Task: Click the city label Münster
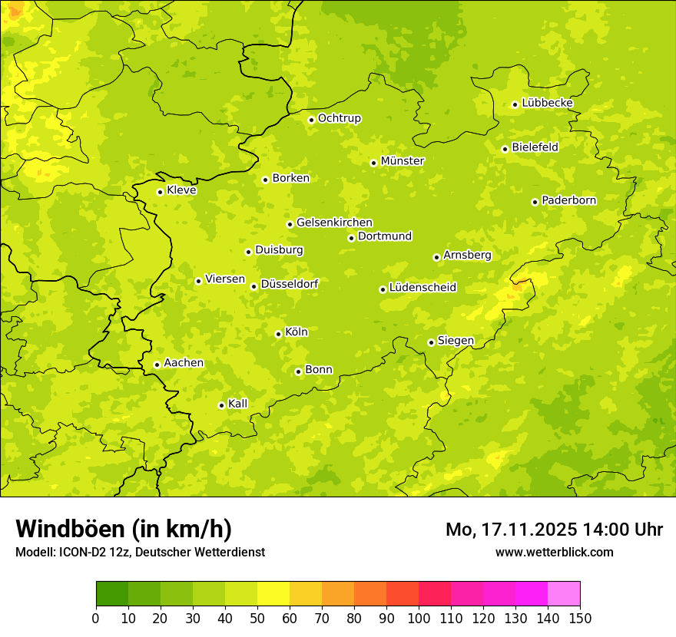[x=402, y=161]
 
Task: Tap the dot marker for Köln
[x=278, y=334]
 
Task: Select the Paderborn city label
[x=568, y=200]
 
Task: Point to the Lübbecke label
[x=547, y=103]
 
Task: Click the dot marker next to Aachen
[x=157, y=365]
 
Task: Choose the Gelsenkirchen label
[x=334, y=223]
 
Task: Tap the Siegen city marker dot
[x=431, y=342]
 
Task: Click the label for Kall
[x=237, y=404]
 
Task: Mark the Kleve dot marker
[x=160, y=192]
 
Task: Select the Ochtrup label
[x=339, y=118]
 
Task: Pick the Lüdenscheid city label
[x=422, y=288]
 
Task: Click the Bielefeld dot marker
[x=505, y=149]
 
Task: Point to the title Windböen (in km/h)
[x=123, y=529]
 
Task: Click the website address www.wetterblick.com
[x=554, y=552]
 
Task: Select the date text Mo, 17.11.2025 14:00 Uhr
[x=554, y=530]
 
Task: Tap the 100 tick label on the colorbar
[x=419, y=619]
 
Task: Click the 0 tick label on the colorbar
[x=96, y=619]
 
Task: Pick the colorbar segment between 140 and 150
[x=564, y=594]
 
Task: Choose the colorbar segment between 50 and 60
[x=273, y=594]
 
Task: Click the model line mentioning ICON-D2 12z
[x=140, y=552]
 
